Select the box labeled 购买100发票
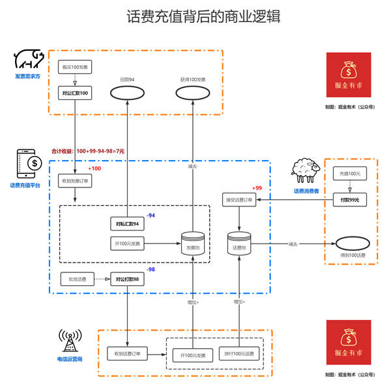[75, 67]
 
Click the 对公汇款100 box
[75, 93]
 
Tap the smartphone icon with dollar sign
[28, 164]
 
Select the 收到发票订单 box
[75, 181]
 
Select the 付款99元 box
[350, 199]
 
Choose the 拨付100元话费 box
[240, 354]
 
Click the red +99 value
[257, 187]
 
